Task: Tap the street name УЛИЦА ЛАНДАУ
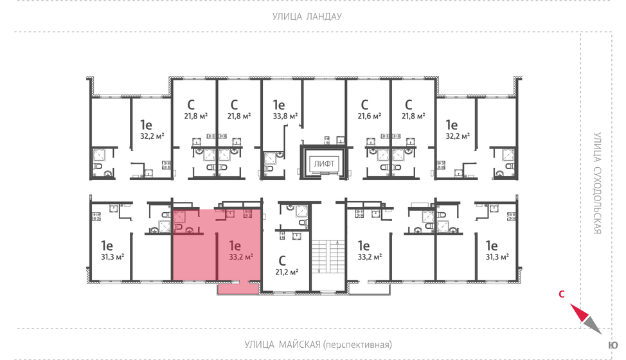[x=306, y=17]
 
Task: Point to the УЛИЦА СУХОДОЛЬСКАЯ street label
[x=596, y=184]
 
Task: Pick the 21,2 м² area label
[x=286, y=273]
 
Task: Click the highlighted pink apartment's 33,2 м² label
[x=240, y=256]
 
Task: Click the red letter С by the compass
[x=561, y=295]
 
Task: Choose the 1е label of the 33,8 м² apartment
[x=278, y=105]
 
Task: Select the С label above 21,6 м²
[x=364, y=104]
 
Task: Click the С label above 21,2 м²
[x=282, y=260]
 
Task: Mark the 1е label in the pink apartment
[x=235, y=244]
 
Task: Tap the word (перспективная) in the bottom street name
[x=357, y=344]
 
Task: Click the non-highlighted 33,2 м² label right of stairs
[x=369, y=256]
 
